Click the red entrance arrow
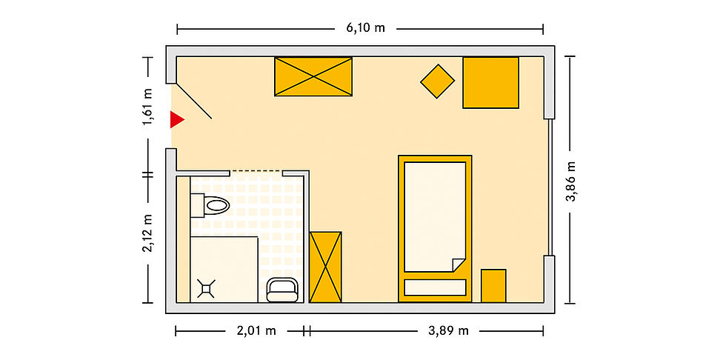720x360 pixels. pos(176,119)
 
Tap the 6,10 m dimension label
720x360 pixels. pos(365,28)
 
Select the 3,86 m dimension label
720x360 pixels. pos(570,181)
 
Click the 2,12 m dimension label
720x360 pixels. pos(148,232)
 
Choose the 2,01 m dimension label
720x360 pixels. pos(256,330)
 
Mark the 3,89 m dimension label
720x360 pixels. pos(449,330)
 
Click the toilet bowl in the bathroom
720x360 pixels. pos(216,205)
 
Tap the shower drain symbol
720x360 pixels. pos(206,288)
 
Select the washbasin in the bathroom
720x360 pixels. pos(282,290)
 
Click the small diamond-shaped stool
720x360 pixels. pos(437,81)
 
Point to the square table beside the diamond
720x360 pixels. pos(490,83)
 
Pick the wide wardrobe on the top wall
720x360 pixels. pos(313,77)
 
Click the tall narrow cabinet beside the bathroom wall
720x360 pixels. pos(325,267)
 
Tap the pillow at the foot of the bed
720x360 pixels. pos(435,287)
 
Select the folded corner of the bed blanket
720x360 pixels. pos(459,265)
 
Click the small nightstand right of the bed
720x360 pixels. pos(493,286)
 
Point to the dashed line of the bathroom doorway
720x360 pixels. pos(256,171)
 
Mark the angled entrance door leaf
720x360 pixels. pos(194,101)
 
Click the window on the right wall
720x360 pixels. pos(550,187)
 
